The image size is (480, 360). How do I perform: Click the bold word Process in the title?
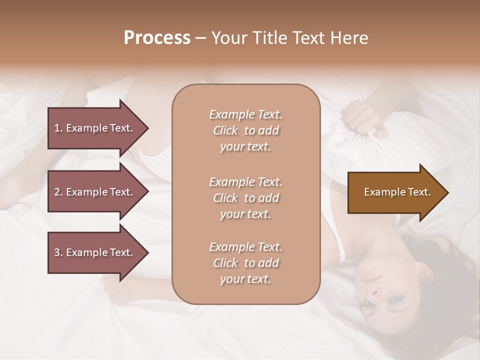(x=157, y=38)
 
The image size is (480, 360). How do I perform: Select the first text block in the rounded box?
(x=245, y=130)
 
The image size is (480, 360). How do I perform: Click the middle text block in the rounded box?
(x=245, y=198)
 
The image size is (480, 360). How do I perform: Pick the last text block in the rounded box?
(x=245, y=263)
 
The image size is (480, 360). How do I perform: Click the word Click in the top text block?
(x=225, y=131)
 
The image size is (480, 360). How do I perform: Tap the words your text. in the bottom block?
(x=245, y=279)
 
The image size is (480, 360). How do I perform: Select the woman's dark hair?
(x=440, y=260)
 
